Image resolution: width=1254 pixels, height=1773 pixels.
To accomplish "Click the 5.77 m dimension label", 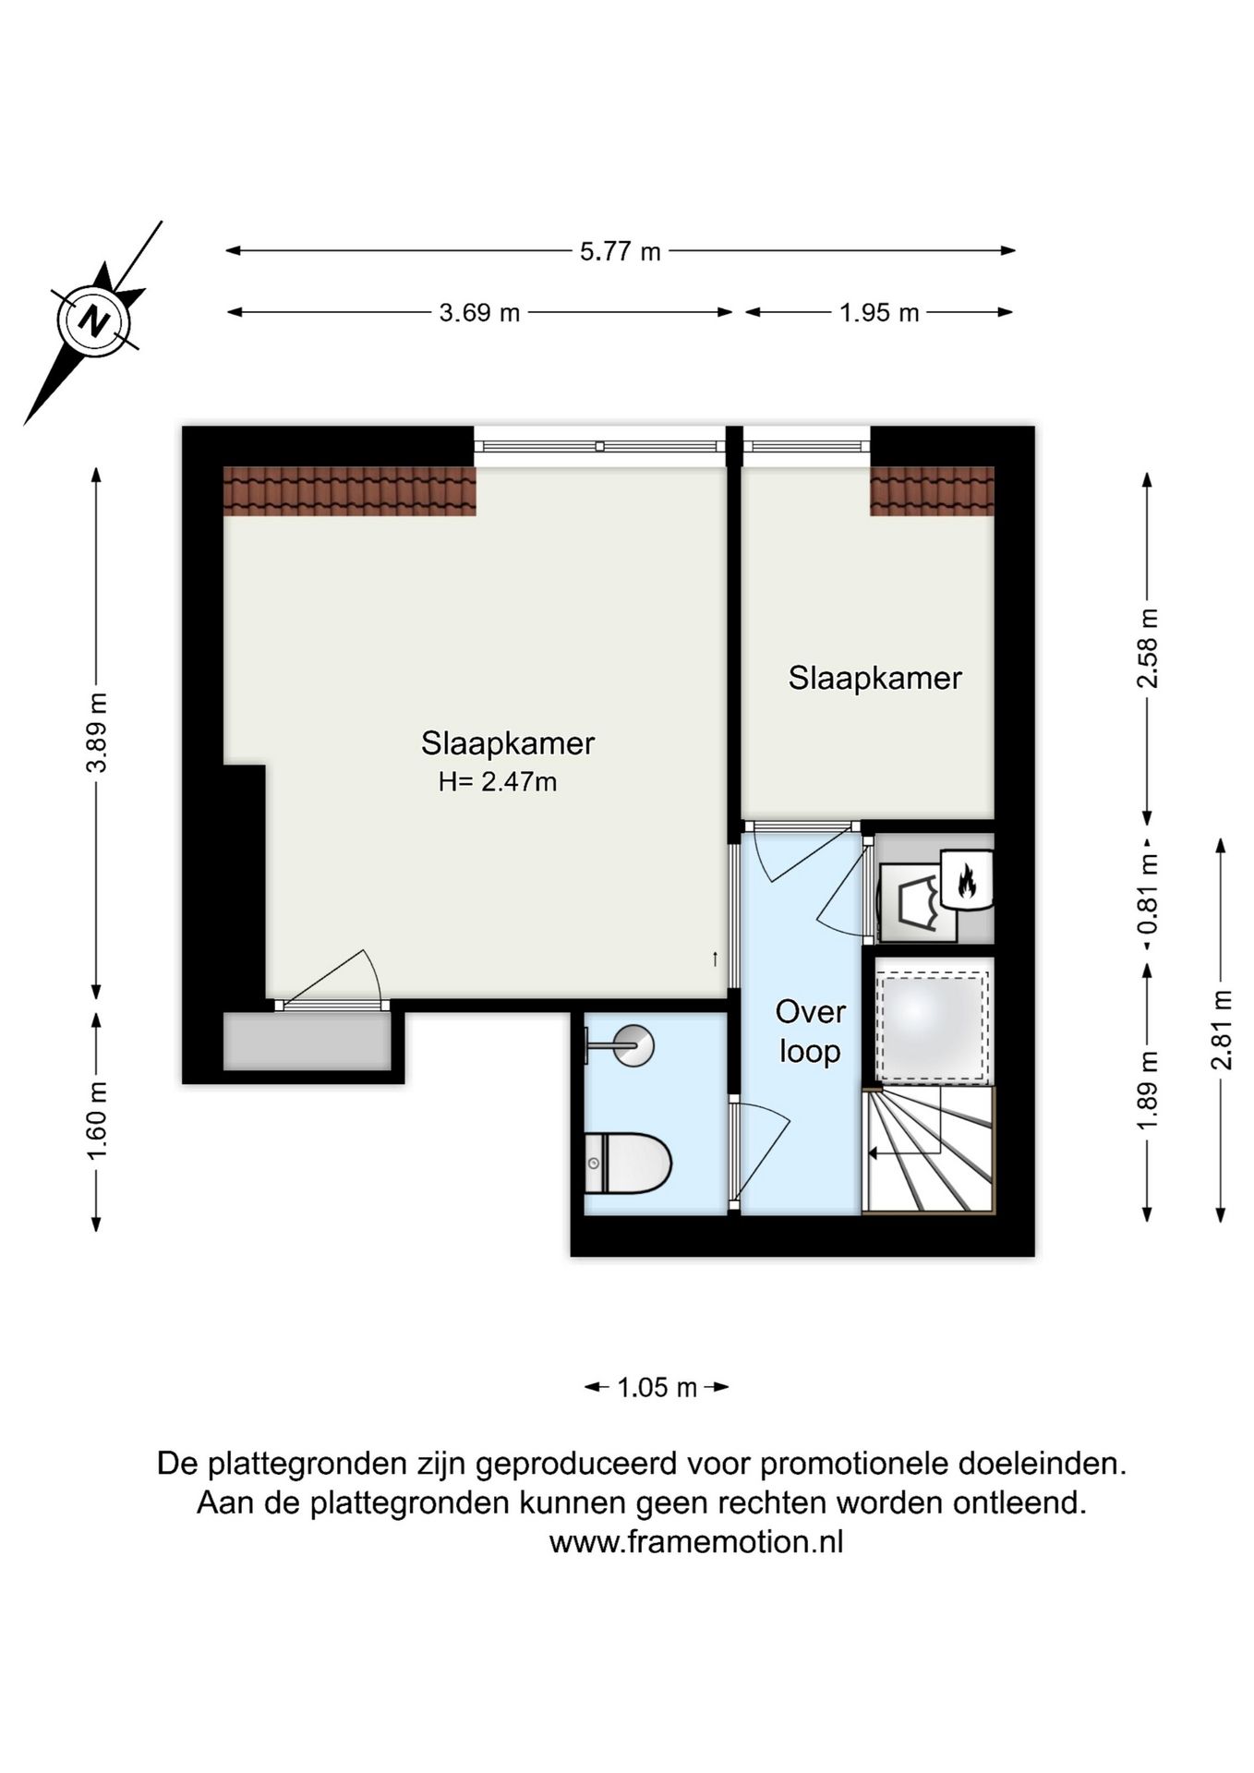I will pos(620,251).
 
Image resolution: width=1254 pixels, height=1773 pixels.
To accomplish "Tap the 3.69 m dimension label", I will pos(479,313).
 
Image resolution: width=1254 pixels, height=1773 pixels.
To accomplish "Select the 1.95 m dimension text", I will pos(878,313).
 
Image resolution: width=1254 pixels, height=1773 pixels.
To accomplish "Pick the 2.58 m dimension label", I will pos(1147,648).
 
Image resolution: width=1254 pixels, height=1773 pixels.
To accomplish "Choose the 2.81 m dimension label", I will pos(1221,1029).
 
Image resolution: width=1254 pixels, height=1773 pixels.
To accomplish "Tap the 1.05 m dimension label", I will pos(657,1387).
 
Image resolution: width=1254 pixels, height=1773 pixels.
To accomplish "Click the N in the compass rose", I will pos(93,321).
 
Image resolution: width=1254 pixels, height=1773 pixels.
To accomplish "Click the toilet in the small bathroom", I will pos(628,1163).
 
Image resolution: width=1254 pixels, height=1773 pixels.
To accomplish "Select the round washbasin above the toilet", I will pos(634,1046).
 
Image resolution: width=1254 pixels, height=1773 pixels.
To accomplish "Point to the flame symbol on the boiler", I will pos(966,880).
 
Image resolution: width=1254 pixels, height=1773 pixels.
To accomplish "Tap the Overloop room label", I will pos(810,1031).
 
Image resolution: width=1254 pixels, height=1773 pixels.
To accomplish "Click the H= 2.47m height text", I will pos(498,782).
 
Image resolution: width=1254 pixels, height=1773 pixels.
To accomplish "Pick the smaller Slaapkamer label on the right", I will pos(874,678).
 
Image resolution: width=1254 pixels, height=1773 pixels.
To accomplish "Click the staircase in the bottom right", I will pos(928,1151).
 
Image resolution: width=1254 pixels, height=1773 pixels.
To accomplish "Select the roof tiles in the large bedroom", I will pos(349,490).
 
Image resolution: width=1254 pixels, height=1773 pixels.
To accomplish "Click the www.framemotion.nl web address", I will pos(695,1542).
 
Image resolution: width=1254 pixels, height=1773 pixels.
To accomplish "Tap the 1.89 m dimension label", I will pos(1147,1090).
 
